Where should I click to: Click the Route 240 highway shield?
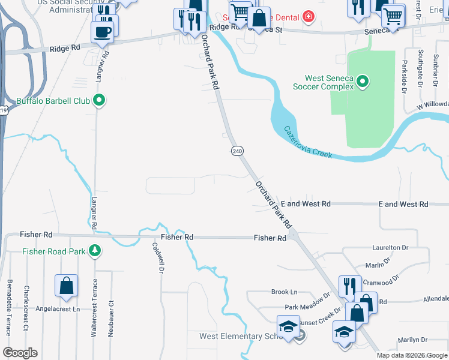pyautogui.click(x=237, y=151)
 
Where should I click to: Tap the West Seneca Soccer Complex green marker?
pyautogui.click(x=363, y=82)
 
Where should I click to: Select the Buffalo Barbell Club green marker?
pyautogui.click(x=100, y=101)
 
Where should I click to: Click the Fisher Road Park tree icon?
pyautogui.click(x=94, y=251)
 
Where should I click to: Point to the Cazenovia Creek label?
pyautogui.click(x=307, y=142)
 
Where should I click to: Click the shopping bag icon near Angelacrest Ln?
pyautogui.click(x=66, y=287)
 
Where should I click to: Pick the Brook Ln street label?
pyautogui.click(x=285, y=292)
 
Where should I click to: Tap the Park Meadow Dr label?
pyautogui.click(x=307, y=302)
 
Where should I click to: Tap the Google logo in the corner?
pyautogui.click(x=20, y=353)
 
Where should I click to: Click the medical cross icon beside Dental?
pyautogui.click(x=309, y=16)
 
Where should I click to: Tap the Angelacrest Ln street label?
pyautogui.click(x=58, y=309)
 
